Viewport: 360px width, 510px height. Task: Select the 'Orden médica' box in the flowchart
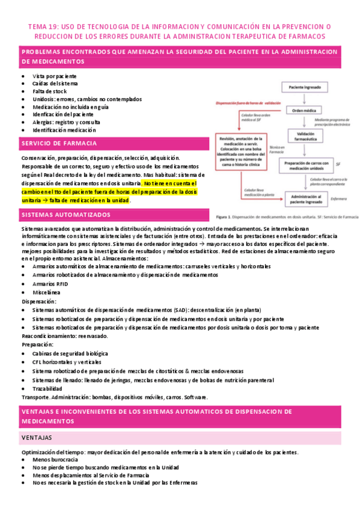[304, 111]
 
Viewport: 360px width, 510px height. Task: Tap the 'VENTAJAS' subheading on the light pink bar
[37, 437]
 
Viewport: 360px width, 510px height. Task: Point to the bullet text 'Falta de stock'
[51, 92]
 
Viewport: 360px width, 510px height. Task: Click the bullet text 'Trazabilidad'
[49, 389]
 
